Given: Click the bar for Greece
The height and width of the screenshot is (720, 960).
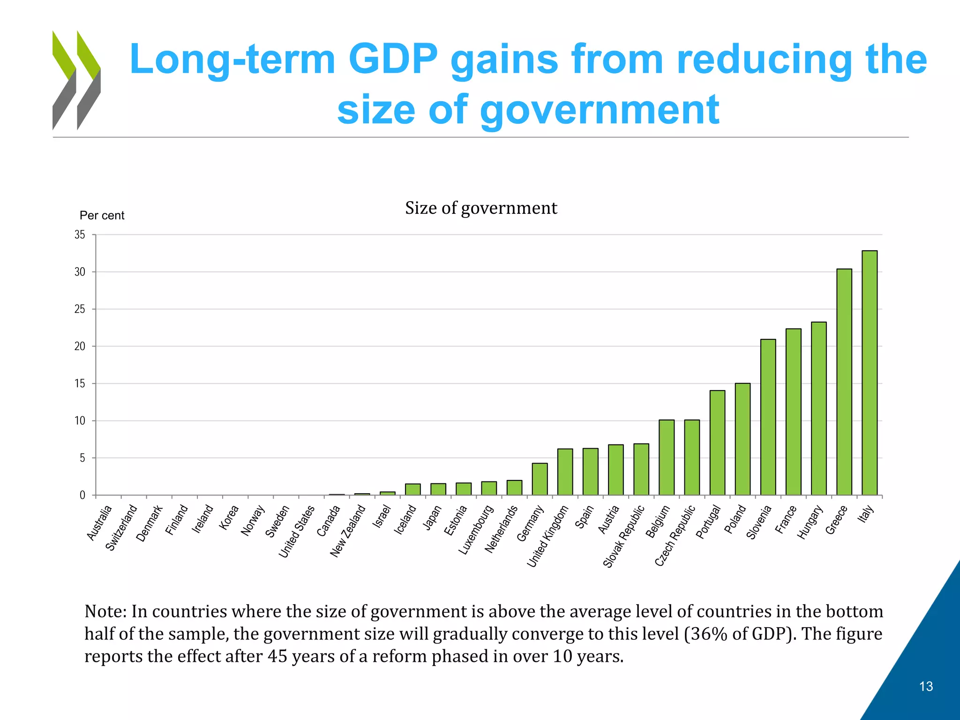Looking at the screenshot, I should [x=844, y=382].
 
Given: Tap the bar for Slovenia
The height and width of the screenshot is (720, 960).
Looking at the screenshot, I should [x=768, y=417].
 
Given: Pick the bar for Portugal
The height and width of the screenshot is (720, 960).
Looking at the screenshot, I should [x=717, y=442].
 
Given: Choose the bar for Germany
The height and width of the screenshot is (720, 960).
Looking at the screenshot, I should [x=540, y=479].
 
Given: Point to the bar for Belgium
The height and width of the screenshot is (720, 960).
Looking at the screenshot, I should [x=667, y=457].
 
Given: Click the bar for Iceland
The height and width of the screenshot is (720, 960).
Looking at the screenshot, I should [x=413, y=489].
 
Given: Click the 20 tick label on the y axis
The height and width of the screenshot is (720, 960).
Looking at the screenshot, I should [x=80, y=346].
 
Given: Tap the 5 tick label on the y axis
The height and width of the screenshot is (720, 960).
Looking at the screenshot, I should [x=82, y=458].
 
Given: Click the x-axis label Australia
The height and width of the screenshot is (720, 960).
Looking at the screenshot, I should [x=99, y=523].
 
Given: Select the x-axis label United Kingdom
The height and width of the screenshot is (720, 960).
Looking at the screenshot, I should [x=547, y=536].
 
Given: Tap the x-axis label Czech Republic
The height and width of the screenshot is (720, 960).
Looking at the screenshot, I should [x=675, y=536].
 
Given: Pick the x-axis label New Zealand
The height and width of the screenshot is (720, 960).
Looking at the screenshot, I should [x=347, y=531].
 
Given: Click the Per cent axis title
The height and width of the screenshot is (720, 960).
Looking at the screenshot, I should [x=102, y=216].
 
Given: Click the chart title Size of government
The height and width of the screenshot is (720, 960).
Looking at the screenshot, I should [x=481, y=208].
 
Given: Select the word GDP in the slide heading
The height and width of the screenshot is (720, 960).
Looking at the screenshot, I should [x=393, y=60].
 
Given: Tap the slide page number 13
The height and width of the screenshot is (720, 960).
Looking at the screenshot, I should [x=926, y=686].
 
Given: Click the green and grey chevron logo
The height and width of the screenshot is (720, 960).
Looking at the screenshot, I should [x=76, y=80].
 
